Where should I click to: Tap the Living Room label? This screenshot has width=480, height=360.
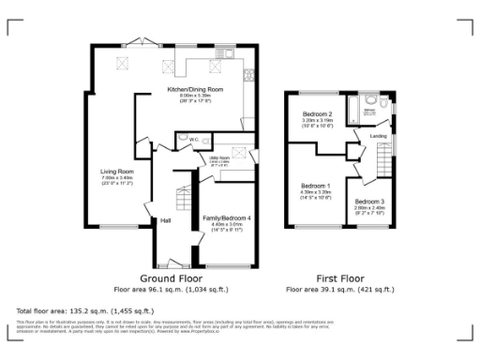[118, 172]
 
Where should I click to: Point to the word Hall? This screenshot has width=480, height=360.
[165, 221]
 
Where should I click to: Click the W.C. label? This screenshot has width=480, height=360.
[193, 140]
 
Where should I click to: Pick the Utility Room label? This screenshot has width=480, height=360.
[219, 158]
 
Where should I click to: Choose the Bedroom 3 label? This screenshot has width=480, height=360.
[369, 202]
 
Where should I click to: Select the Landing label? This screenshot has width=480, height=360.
[379, 136]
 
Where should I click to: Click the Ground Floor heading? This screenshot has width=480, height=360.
[172, 279]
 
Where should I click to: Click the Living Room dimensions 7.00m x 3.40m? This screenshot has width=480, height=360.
[118, 178]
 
